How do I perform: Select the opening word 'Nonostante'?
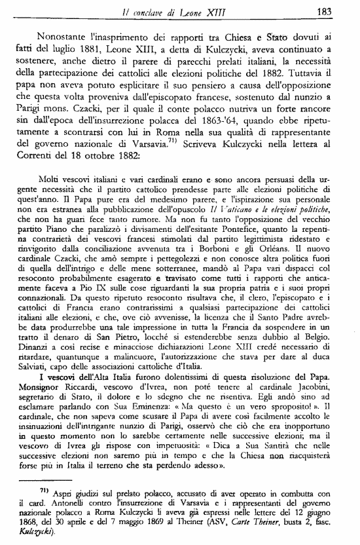[66, 37]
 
